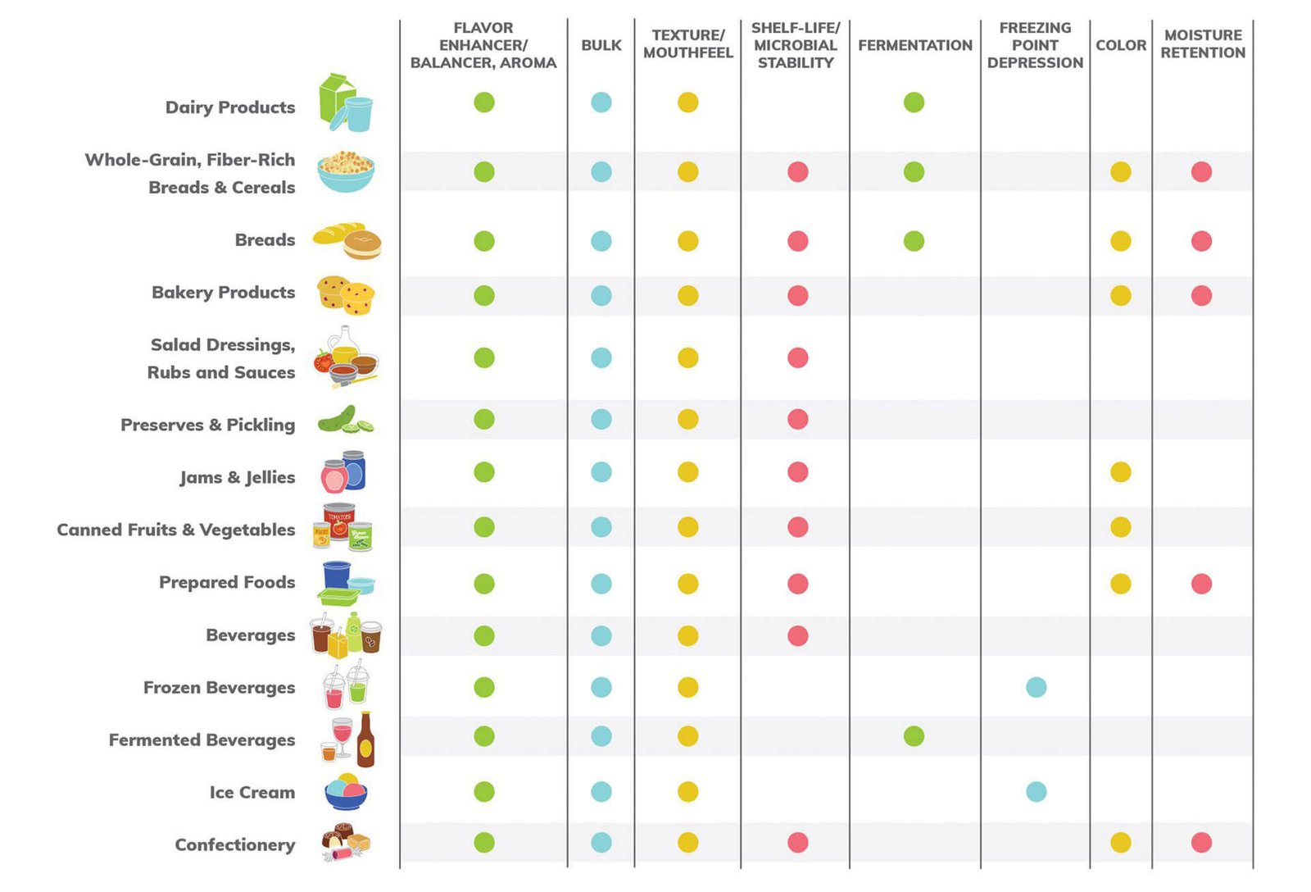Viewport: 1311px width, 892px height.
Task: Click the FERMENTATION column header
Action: (x=914, y=45)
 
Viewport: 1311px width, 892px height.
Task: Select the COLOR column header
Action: (x=1120, y=45)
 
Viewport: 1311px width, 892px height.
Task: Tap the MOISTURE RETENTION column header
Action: (x=1202, y=44)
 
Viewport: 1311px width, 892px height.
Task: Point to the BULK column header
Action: (x=601, y=45)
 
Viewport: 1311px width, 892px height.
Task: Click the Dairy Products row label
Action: (x=230, y=107)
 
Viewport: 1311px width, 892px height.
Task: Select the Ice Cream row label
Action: (x=252, y=793)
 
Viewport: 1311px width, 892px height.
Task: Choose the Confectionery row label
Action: (x=234, y=845)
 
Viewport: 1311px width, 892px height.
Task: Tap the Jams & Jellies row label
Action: (x=237, y=478)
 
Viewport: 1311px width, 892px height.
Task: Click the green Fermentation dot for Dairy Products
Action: (x=914, y=102)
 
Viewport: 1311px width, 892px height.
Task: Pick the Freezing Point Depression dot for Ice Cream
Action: (x=1036, y=791)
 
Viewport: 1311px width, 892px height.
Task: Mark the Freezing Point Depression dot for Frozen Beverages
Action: (x=1036, y=687)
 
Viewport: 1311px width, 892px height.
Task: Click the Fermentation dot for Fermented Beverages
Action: (x=914, y=736)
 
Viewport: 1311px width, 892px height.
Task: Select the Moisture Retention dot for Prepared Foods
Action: (x=1201, y=584)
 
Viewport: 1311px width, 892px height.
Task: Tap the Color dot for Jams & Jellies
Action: (x=1120, y=472)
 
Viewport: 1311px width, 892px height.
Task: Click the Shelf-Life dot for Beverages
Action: (x=797, y=635)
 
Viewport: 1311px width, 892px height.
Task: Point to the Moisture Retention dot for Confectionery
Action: (x=1201, y=842)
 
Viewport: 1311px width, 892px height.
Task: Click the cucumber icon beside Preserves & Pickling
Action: (x=344, y=420)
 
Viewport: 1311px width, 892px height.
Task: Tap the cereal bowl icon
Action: (x=346, y=171)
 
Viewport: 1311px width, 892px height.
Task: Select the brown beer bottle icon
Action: (x=365, y=740)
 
